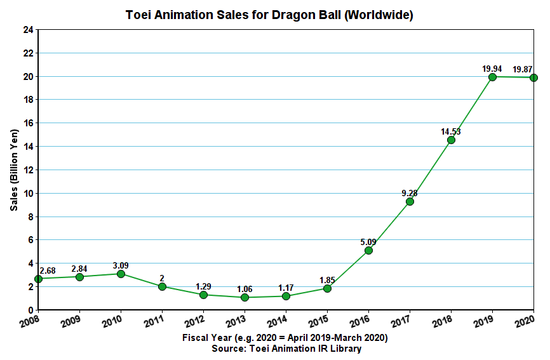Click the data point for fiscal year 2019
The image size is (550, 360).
[492, 77]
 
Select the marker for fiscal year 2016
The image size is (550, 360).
[368, 250]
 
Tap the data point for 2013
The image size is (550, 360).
[245, 297]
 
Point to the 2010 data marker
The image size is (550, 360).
[121, 274]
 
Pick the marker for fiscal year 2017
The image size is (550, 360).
[410, 201]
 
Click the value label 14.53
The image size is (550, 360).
[450, 131]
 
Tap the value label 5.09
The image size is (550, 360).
[368, 241]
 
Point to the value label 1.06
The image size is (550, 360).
[244, 288]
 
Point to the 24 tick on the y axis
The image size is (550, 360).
[28, 30]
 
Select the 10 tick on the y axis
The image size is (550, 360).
[28, 193]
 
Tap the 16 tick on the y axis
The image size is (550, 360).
[28, 123]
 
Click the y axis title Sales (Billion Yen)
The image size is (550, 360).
[14, 170]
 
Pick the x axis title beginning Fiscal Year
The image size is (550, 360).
[285, 338]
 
